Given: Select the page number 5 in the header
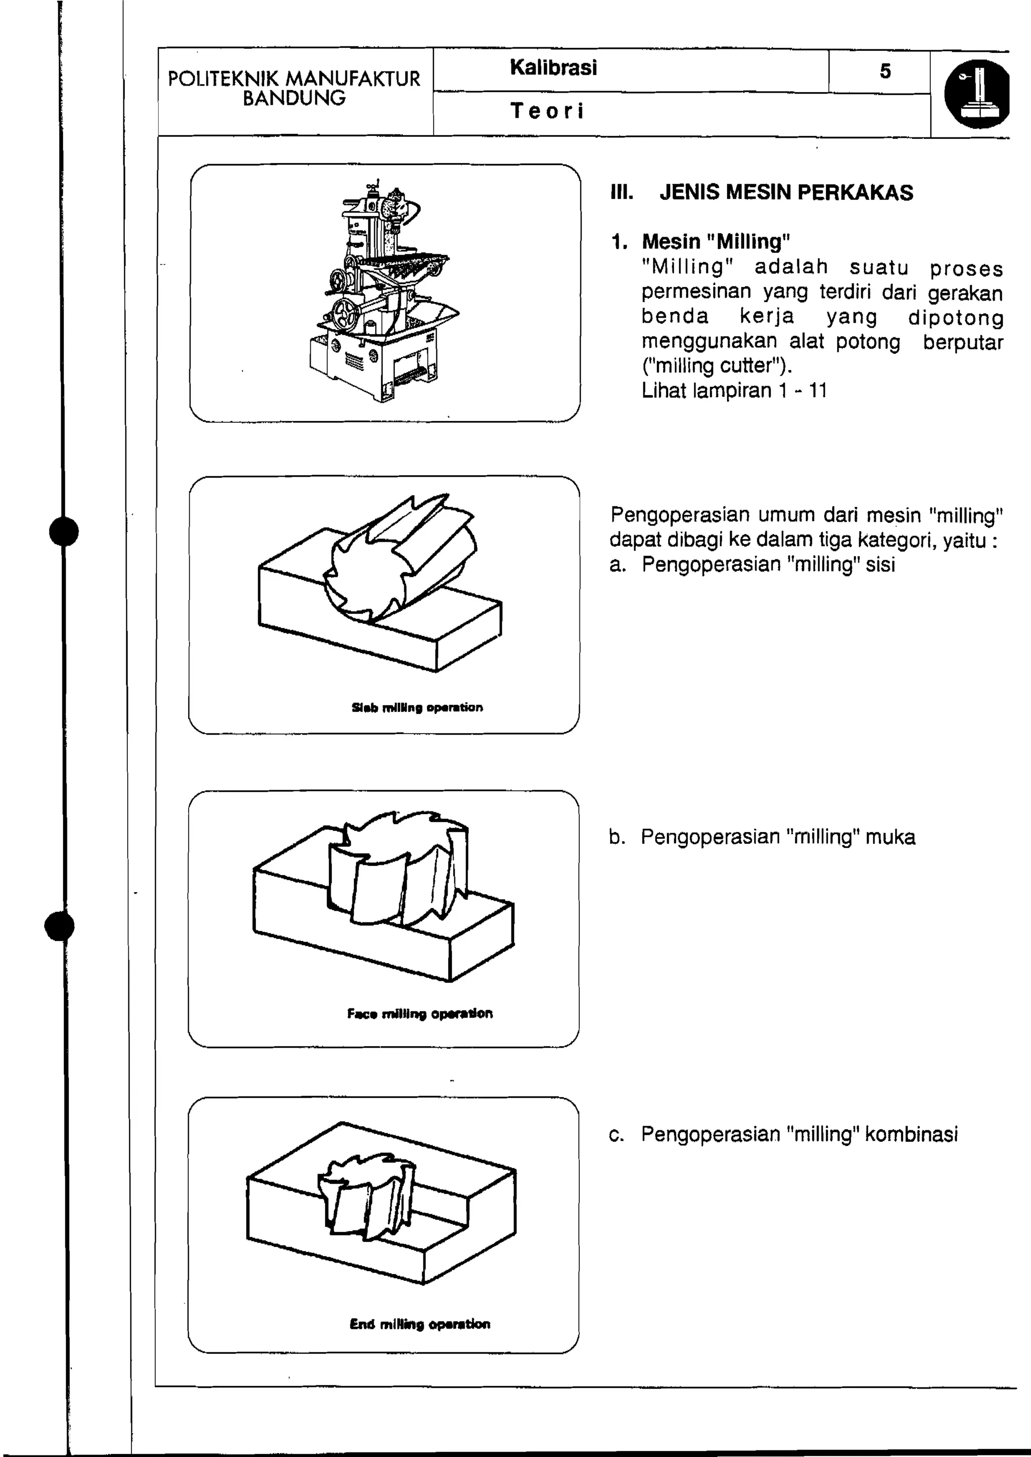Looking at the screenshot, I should tap(885, 71).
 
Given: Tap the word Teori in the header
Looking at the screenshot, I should tap(547, 111).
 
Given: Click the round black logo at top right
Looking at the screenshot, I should tap(977, 94).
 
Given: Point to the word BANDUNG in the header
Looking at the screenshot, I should tap(294, 98).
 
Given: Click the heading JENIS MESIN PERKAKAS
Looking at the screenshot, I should tap(786, 192).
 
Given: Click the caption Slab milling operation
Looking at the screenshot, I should tap(417, 707).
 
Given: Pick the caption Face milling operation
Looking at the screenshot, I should tap(420, 1013).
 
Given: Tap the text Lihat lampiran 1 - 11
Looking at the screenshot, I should tap(734, 391).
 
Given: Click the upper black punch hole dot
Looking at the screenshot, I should tap(63, 531).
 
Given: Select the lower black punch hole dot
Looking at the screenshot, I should tap(60, 926).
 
